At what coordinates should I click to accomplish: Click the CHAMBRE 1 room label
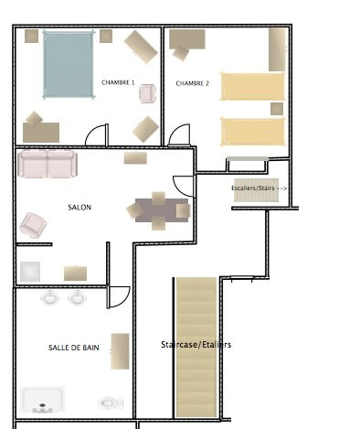click(x=118, y=82)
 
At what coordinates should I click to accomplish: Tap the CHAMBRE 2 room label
click(x=193, y=83)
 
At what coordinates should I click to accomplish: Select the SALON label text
click(x=79, y=208)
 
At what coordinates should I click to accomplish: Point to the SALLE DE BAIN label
click(x=74, y=348)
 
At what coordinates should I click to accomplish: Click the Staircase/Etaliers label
click(x=196, y=345)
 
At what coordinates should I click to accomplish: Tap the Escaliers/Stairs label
click(x=253, y=188)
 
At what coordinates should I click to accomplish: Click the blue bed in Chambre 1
click(x=69, y=65)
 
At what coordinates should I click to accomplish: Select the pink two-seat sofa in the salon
click(x=48, y=164)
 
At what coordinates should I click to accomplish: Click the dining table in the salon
click(x=162, y=210)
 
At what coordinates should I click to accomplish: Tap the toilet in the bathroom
click(x=111, y=403)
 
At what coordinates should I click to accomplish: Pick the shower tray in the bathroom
click(x=43, y=400)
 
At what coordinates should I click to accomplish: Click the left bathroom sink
click(x=49, y=297)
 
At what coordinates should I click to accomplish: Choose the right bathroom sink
click(x=78, y=297)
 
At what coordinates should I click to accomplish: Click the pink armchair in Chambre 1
click(x=148, y=93)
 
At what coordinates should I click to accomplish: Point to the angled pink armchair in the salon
click(x=33, y=225)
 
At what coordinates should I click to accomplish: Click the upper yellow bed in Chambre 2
click(x=252, y=87)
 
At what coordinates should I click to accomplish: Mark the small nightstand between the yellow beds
click(x=277, y=109)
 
